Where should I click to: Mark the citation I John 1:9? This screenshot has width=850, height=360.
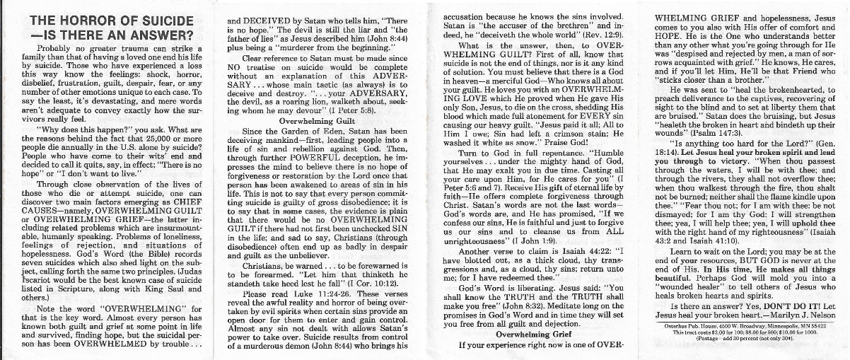tap(547, 240)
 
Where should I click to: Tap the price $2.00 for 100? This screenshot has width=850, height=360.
tap(726, 332)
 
